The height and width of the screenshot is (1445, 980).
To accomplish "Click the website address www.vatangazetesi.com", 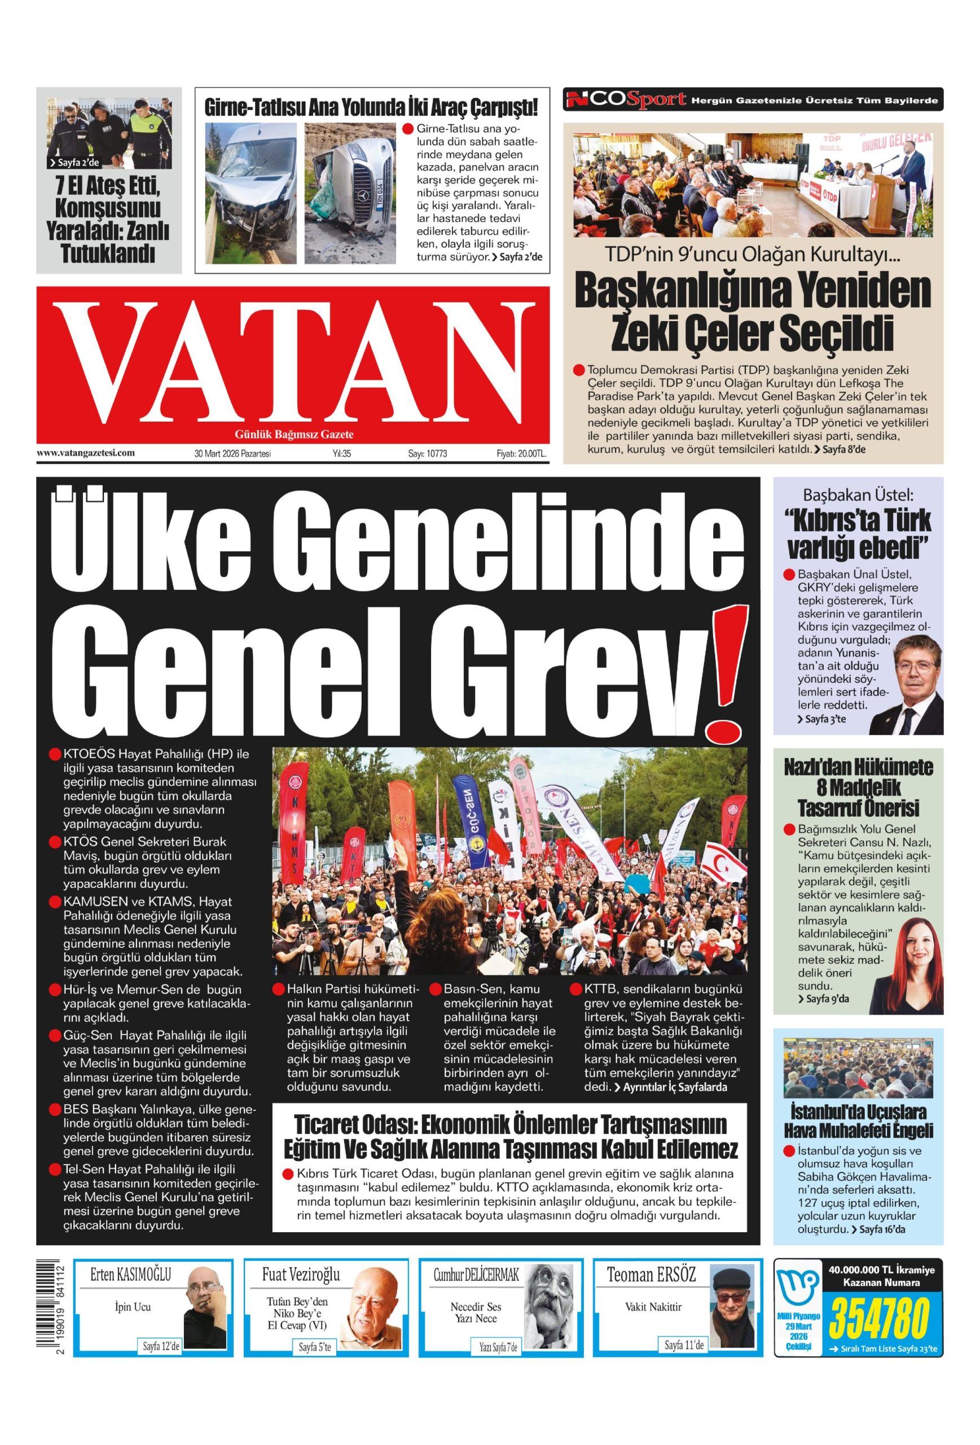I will pyautogui.click(x=86, y=453).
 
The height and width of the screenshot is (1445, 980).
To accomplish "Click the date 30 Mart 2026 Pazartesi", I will pyautogui.click(x=232, y=454).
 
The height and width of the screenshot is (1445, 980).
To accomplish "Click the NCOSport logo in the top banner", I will pyautogui.click(x=625, y=99).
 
